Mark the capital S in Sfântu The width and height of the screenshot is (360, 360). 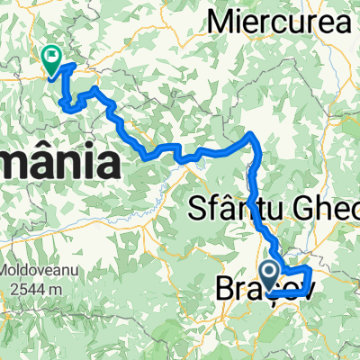click(197, 210)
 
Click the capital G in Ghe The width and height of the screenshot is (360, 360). click(322, 210)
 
